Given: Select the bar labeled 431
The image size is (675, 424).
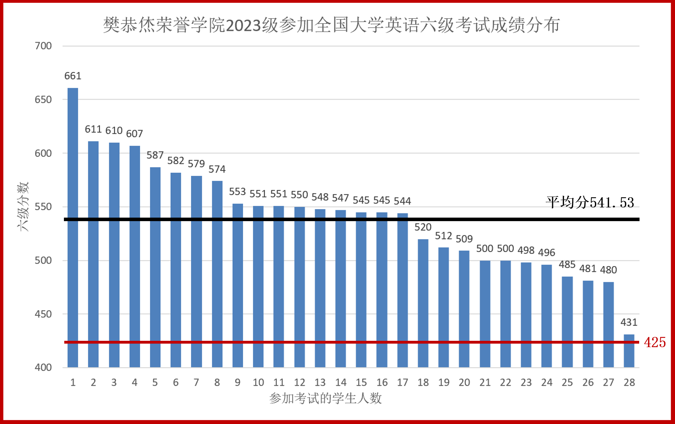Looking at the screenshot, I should pos(629,351).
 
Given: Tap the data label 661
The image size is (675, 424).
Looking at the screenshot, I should pos(73,76).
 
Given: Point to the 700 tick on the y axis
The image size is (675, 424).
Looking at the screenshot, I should pos(43,46).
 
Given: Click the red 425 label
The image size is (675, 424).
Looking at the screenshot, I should pos(655,342).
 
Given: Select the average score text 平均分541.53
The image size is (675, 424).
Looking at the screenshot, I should pos(590,203).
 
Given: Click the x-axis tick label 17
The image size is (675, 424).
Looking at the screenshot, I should pos(402,382).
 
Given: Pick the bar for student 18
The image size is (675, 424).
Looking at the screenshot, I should pos(423,303).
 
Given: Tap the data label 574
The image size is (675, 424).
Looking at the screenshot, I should pos(217,169).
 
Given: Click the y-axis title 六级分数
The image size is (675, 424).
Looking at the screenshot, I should pos(23,206).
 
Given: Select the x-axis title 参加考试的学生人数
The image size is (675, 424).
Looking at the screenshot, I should pos(325,398).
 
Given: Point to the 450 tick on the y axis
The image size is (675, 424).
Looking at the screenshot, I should pos(43,314).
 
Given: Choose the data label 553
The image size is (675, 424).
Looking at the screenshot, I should pos(237,192).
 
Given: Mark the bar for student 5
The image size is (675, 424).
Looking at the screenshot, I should pos(155,267).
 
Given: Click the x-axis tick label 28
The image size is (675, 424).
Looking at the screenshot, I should pos(629,382).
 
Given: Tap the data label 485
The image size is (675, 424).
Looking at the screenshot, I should pos(567,264).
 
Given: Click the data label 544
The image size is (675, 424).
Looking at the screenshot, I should pos(402,201).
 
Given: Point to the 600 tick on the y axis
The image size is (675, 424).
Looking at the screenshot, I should pos(43,153).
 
